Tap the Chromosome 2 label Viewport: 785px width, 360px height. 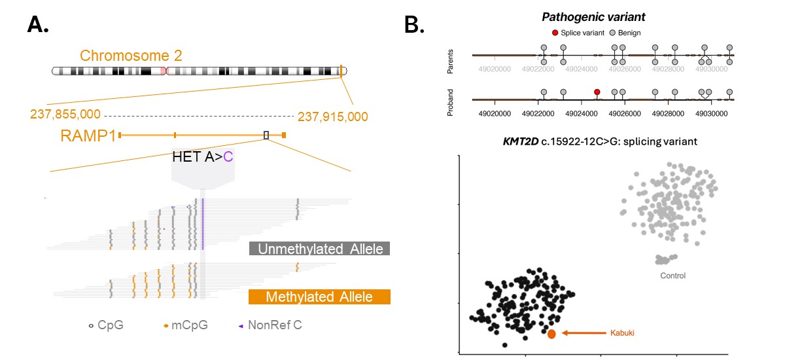tap(131, 56)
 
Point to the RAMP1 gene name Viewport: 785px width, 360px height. tap(88, 135)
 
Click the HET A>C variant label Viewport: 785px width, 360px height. tap(202, 156)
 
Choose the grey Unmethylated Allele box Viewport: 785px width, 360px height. tap(319, 249)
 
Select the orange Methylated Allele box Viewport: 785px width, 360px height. tap(319, 297)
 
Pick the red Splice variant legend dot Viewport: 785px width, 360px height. tap(555, 32)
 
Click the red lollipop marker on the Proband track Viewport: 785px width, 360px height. tap(597, 92)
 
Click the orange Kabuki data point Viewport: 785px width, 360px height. tap(551, 334)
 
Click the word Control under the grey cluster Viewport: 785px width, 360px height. tap(672, 276)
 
